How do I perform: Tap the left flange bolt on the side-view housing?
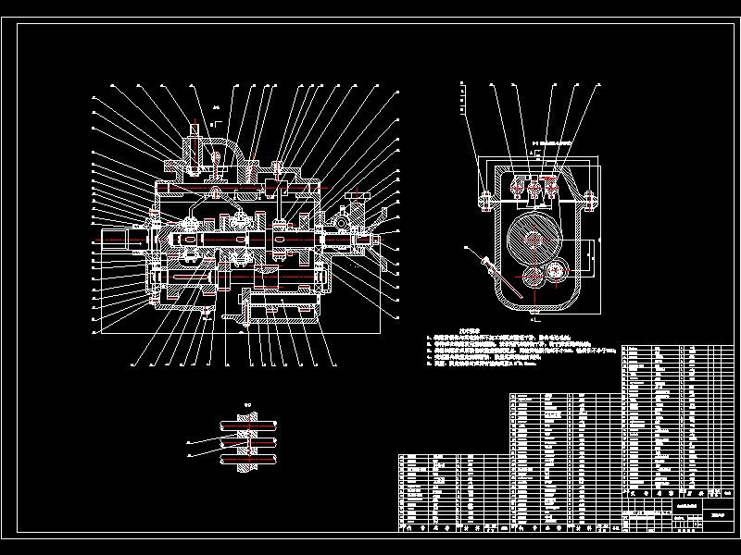(483, 195)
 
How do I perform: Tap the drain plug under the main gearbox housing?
(206, 314)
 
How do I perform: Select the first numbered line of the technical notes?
(519, 339)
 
